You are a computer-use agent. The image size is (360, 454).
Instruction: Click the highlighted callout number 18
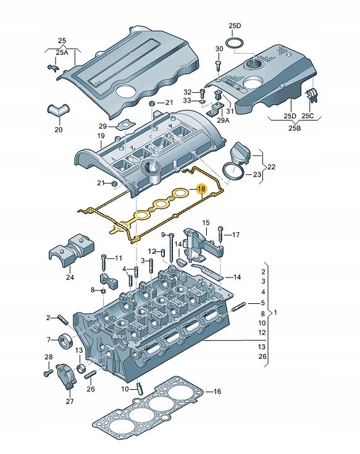[x=201, y=190]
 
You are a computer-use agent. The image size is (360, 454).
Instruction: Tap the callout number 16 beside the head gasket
[x=216, y=392]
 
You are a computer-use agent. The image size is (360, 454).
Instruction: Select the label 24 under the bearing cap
[x=69, y=277]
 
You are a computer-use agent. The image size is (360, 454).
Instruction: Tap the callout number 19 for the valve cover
[x=101, y=136]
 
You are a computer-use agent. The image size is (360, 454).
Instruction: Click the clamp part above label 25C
[x=312, y=96]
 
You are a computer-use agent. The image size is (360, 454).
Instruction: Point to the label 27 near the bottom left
[x=69, y=401]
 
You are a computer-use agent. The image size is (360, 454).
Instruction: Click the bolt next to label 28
[x=48, y=372]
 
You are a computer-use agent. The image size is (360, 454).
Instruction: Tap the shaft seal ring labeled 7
[x=64, y=340]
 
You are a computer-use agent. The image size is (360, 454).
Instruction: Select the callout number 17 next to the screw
[x=235, y=235]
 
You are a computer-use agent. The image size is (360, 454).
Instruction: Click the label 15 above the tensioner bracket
[x=206, y=222]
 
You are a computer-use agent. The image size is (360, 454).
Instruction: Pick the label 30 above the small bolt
[x=219, y=49]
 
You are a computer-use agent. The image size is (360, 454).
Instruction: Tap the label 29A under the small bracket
[x=222, y=121]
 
